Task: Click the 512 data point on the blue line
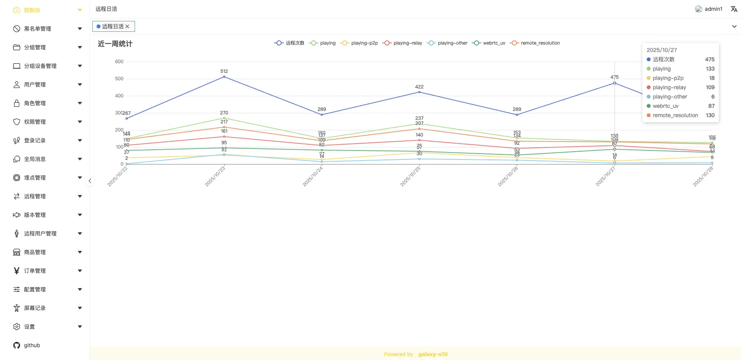point(224,77)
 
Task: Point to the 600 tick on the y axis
point(119,62)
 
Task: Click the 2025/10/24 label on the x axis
point(313,177)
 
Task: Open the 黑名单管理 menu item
point(38,29)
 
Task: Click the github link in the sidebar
point(32,345)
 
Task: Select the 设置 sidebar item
point(29,327)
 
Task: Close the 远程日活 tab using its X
point(127,26)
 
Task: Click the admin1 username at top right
point(713,9)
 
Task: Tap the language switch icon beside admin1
point(734,9)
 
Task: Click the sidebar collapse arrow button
point(90,181)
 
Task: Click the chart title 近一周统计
point(115,44)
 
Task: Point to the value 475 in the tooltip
point(710,59)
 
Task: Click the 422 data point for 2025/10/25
point(419,92)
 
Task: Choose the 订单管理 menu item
point(35,271)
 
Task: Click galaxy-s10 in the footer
point(433,354)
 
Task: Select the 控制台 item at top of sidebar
point(32,10)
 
